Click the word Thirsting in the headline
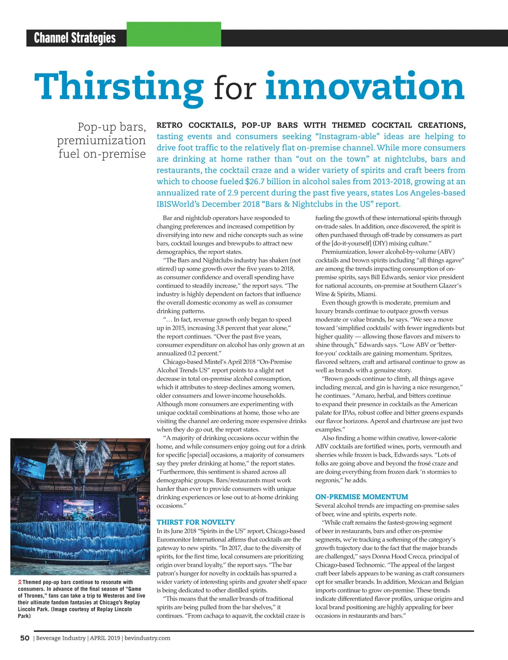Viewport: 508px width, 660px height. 119,86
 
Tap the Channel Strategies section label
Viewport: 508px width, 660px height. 75,38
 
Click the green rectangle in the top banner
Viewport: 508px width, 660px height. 174,34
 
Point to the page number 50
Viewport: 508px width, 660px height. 25,638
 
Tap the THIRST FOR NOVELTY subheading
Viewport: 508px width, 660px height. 196,522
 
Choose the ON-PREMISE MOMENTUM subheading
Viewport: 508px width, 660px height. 362,497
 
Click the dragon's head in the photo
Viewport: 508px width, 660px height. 80,448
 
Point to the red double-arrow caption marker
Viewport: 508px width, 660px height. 20,583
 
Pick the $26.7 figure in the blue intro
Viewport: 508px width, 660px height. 257,181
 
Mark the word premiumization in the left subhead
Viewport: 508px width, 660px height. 101,140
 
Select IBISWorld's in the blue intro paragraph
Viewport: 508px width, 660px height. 178,204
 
